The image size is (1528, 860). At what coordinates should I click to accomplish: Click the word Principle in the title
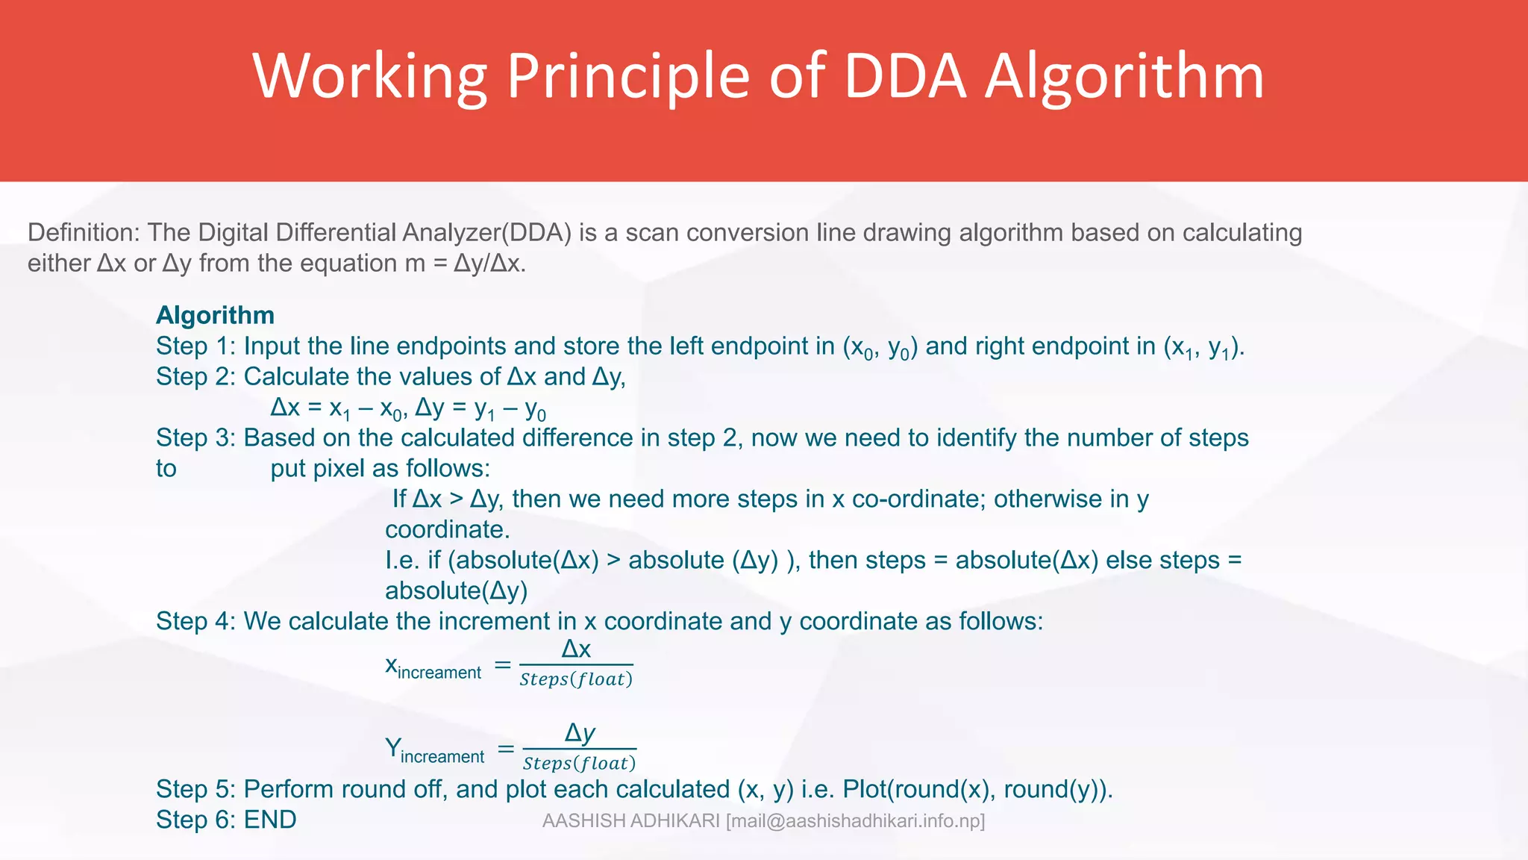(627, 76)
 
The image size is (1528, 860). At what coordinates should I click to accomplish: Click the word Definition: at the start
(84, 233)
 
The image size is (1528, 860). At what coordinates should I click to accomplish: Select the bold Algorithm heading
(215, 315)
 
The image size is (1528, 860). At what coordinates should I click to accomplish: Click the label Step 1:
(195, 346)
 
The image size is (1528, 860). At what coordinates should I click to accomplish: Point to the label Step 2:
(195, 377)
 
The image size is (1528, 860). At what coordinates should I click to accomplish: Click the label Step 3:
(195, 438)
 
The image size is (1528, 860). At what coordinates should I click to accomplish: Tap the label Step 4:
(195, 622)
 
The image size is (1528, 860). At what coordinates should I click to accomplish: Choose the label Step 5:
(195, 790)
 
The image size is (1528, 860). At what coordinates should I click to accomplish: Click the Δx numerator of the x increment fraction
(576, 649)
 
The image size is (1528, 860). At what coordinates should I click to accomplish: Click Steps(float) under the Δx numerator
(576, 679)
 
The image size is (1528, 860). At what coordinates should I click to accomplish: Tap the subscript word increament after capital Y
(442, 757)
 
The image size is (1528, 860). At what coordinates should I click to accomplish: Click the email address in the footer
(856, 821)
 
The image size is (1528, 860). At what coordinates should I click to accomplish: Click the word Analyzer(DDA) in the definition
(486, 233)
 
